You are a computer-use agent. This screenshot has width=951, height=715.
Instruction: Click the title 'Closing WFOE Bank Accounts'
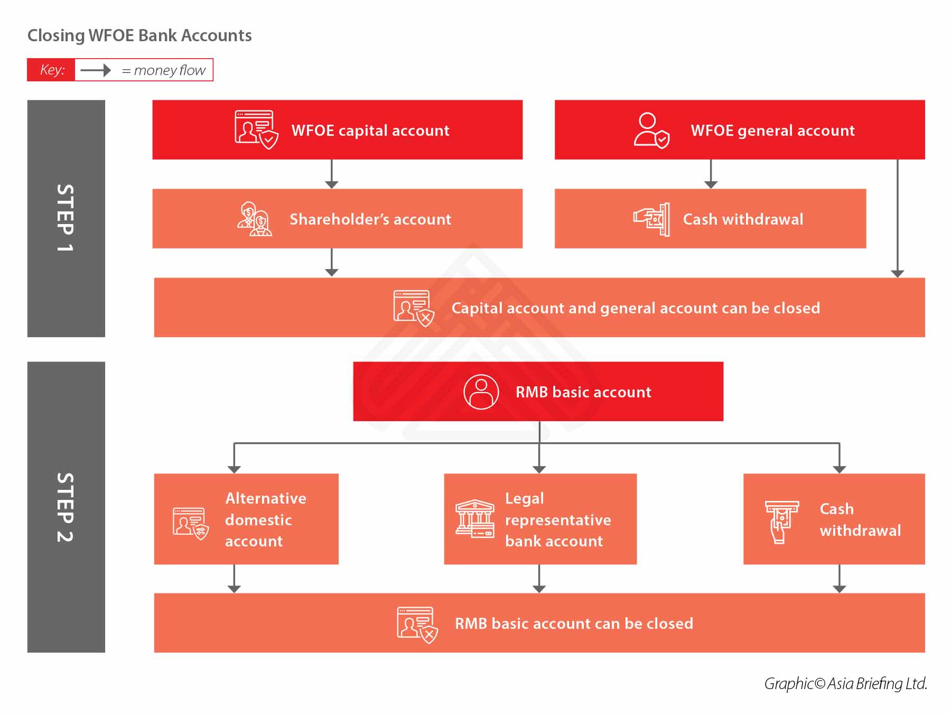[x=139, y=35]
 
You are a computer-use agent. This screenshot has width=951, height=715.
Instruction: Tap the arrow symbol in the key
[x=96, y=70]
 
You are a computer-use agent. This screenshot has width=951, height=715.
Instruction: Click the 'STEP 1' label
[x=66, y=218]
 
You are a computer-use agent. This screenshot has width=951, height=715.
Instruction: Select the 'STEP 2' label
[x=66, y=507]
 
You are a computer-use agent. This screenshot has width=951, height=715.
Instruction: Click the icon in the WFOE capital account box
[x=256, y=129]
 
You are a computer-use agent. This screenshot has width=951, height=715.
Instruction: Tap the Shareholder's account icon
[x=254, y=219]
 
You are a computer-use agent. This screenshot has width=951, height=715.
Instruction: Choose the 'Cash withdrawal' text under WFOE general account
[x=743, y=219]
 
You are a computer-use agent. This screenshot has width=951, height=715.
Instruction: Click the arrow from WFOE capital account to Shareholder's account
[x=332, y=174]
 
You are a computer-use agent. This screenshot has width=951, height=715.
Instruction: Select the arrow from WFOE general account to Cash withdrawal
[x=711, y=174]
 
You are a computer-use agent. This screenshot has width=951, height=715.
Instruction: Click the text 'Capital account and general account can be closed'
[x=636, y=308]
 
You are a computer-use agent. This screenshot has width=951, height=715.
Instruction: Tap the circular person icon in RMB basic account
[x=481, y=392]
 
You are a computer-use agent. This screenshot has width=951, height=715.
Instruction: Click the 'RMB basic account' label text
[x=583, y=392]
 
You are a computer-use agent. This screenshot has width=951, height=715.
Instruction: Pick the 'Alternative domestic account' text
[x=266, y=519]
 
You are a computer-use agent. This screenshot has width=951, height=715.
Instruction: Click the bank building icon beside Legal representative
[x=474, y=519]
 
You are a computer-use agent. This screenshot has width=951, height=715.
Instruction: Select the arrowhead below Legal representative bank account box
[x=539, y=588]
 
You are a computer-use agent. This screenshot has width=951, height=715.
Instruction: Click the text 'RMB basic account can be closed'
[x=574, y=624]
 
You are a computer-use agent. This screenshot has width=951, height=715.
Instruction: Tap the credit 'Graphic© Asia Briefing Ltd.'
[x=845, y=683]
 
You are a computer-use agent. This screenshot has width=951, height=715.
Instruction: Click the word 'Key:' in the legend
[x=52, y=70]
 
